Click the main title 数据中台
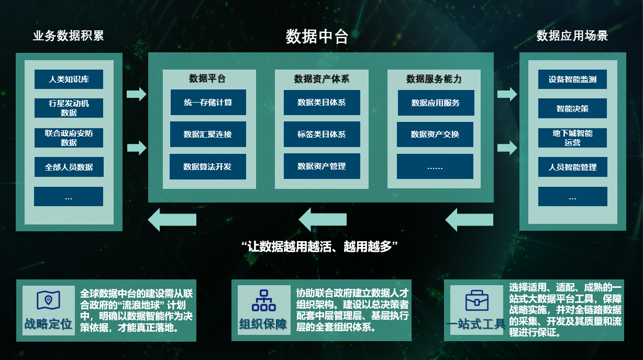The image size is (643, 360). (x=317, y=37)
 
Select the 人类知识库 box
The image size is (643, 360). (x=69, y=80)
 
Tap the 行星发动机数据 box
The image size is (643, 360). (x=69, y=108)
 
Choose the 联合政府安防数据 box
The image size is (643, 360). (x=69, y=138)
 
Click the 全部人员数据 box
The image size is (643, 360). (x=69, y=167)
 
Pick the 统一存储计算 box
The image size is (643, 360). (x=208, y=103)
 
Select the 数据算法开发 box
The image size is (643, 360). (x=207, y=167)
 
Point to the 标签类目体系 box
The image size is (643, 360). (x=321, y=134)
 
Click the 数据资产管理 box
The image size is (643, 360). (x=321, y=166)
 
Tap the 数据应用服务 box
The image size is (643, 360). (x=436, y=103)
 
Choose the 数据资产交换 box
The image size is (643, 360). (x=435, y=134)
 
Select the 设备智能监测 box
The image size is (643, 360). (x=572, y=80)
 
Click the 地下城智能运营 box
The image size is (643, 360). (x=572, y=138)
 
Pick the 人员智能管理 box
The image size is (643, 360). (x=572, y=167)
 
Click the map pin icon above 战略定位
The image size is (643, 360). (x=48, y=300)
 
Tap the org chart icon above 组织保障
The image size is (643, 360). (x=263, y=301)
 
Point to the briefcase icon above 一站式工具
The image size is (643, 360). (x=477, y=300)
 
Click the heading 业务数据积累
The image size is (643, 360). (x=69, y=36)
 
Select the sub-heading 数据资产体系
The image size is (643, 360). (x=321, y=79)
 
